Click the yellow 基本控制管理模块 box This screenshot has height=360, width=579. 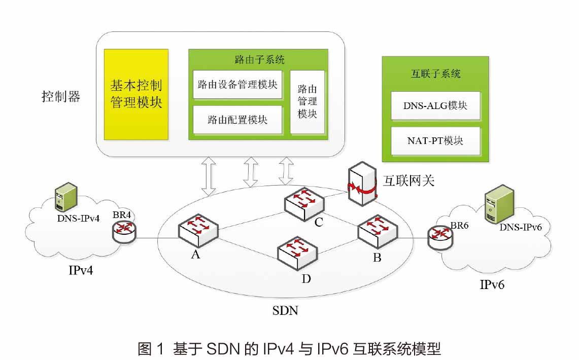pos(136,94)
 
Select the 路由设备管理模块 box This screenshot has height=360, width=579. pos(237,84)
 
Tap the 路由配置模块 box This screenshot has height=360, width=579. pos(237,120)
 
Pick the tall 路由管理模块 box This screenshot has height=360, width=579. pos(307,101)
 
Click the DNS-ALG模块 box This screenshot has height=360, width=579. pos(435,105)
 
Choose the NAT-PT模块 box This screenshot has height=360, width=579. pos(435,140)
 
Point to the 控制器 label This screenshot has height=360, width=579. pos(61,97)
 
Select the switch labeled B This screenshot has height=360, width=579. pos(378,231)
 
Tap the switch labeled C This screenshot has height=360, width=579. pos(304,203)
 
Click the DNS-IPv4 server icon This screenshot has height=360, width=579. pos(66,197)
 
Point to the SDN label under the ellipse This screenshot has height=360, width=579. pos(285,310)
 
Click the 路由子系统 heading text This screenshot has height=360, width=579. pos(259,59)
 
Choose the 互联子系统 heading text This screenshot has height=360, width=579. pos(435,73)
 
